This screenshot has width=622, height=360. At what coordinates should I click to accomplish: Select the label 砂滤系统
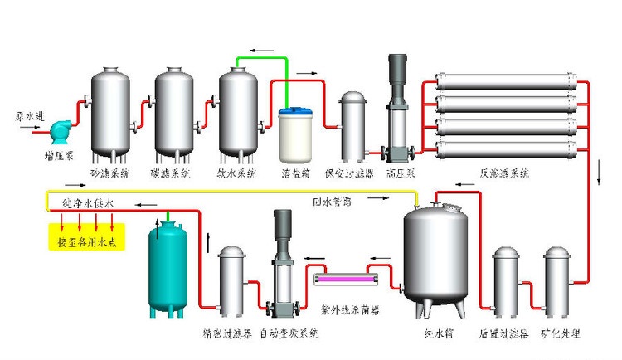pos(110,174)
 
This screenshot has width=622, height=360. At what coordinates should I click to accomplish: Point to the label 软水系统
pos(238,174)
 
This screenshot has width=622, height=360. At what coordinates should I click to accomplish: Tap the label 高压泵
pos(401,174)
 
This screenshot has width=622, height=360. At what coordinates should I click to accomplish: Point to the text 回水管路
pos(332,201)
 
